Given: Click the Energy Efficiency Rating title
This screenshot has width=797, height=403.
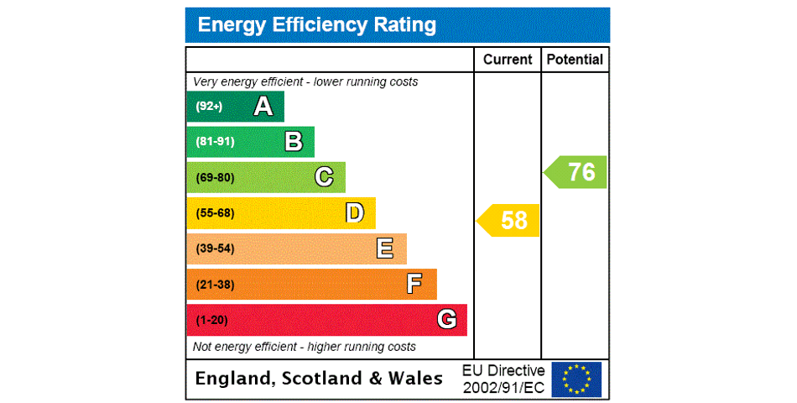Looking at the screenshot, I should click(x=317, y=25).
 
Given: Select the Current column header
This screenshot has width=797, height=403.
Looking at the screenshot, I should click(x=508, y=60).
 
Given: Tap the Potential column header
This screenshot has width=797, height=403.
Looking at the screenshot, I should click(x=575, y=60).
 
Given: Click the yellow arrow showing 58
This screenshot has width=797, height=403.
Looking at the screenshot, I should click(x=509, y=221).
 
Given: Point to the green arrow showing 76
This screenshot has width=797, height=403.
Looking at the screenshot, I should click(x=576, y=172).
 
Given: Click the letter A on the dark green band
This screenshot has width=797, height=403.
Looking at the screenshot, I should click(x=263, y=107).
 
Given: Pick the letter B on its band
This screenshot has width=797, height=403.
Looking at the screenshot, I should click(x=294, y=142).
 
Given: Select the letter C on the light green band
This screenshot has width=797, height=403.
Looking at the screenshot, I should click(x=324, y=177).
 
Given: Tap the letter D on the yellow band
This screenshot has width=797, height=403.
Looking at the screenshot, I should click(x=355, y=213).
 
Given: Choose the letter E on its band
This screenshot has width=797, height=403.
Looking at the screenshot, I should click(x=385, y=249).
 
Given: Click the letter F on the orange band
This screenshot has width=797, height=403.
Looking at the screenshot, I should click(x=414, y=284).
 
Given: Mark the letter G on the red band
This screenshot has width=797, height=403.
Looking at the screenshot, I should click(x=446, y=319).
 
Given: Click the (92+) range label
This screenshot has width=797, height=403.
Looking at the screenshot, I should click(x=209, y=107).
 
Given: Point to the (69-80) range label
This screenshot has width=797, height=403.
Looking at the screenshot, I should click(x=215, y=178).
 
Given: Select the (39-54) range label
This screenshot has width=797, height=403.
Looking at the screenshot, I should click(x=215, y=249).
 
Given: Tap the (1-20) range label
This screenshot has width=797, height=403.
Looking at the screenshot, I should click(x=211, y=320).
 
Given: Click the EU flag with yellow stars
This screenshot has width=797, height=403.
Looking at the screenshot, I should click(x=576, y=379).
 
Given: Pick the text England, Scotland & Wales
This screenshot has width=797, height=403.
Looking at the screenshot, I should click(x=319, y=379).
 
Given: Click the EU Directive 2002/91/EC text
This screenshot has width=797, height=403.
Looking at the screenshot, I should click(x=503, y=379).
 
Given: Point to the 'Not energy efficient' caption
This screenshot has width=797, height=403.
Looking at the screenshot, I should click(x=305, y=347).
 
